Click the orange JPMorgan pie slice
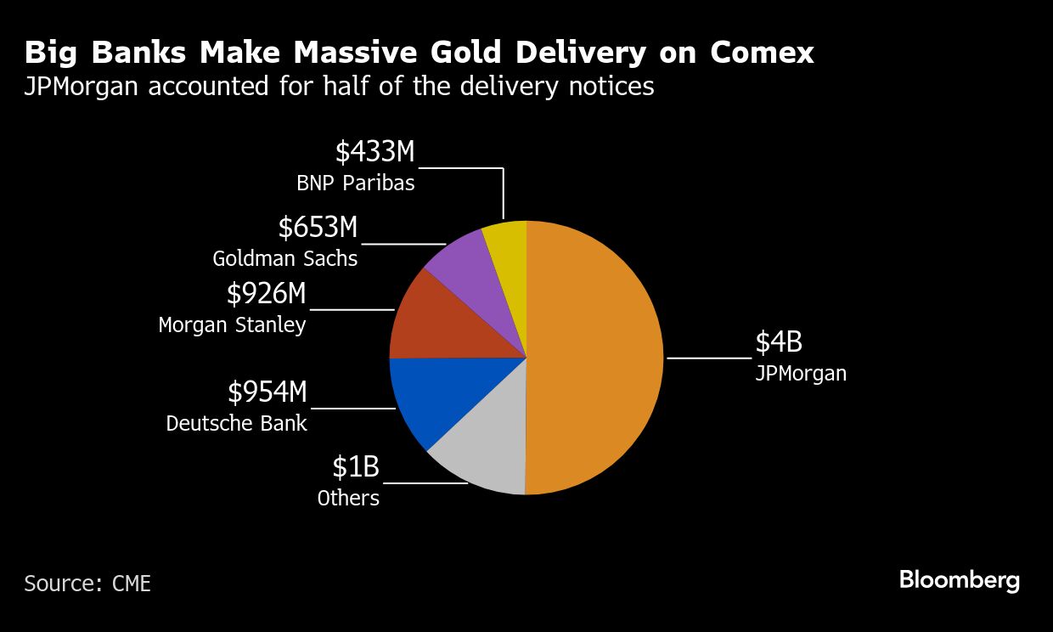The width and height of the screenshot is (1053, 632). point(594,357)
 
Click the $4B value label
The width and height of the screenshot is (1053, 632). point(779,342)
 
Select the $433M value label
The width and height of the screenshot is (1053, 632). point(374,152)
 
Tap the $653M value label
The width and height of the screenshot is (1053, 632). point(318,228)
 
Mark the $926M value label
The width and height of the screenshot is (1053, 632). point(266,294)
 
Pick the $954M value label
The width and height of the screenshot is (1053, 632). point(267,392)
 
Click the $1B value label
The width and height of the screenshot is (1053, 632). point(355,467)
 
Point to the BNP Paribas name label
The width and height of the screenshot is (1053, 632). point(355,183)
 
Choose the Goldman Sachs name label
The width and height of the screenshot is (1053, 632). point(284,258)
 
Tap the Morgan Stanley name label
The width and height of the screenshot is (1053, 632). point(232,324)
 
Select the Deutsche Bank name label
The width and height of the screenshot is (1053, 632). point(236,423)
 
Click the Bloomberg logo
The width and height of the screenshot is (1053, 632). point(959,582)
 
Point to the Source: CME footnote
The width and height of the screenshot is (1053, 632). point(87,584)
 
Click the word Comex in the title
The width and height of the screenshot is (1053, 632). point(762,53)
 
